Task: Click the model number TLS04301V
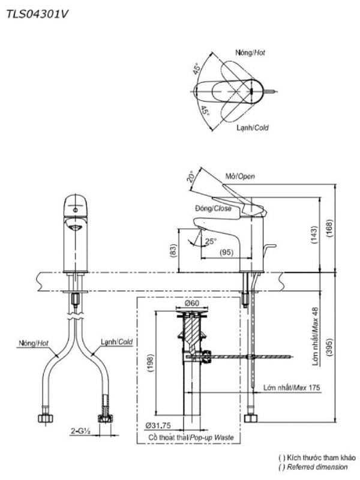[38, 14]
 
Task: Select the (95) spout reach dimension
[227, 253]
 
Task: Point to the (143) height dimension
[314, 235]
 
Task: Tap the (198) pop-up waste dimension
[151, 364]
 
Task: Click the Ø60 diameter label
[192, 304]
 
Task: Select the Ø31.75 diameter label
[158, 426]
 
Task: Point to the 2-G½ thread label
[80, 431]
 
